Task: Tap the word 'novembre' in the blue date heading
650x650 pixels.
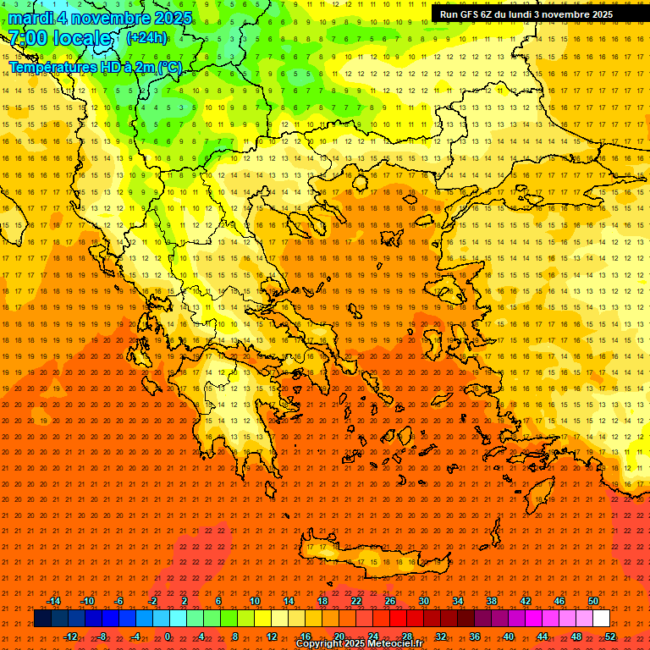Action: click(105, 18)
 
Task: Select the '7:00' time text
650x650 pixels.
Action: click(26, 38)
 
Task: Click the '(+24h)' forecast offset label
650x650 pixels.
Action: click(146, 38)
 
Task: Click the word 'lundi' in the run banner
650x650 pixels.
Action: click(532, 14)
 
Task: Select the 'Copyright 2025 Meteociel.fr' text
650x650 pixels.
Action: click(359, 644)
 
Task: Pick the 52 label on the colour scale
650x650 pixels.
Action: click(610, 636)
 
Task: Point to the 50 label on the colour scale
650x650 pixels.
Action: click(593, 601)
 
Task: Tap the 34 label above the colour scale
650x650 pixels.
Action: click(458, 601)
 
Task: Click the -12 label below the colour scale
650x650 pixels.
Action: click(70, 636)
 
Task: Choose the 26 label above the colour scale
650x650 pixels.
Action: click(390, 601)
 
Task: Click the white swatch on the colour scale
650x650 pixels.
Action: click(602, 619)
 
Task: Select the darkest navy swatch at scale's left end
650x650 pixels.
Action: click(42, 619)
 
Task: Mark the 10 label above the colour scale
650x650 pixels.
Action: click(255, 601)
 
